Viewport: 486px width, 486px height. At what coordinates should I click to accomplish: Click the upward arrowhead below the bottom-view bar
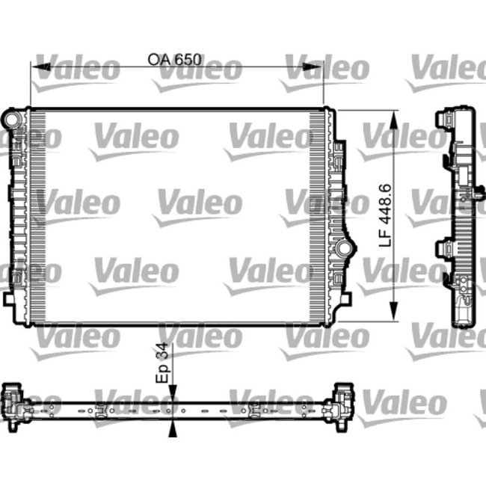173,428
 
